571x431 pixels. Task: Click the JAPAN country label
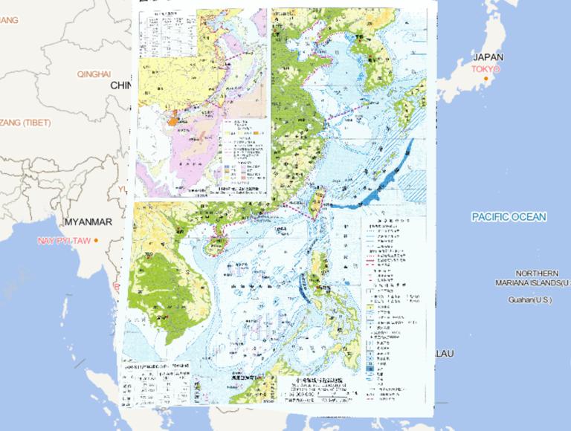[488, 57]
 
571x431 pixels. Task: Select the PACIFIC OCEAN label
[509, 217]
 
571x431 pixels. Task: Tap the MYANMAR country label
[88, 222]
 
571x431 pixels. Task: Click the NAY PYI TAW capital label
[63, 242]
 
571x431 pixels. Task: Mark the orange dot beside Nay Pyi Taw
[96, 239]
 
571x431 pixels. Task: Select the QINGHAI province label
[94, 74]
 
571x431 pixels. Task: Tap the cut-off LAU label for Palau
[443, 354]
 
